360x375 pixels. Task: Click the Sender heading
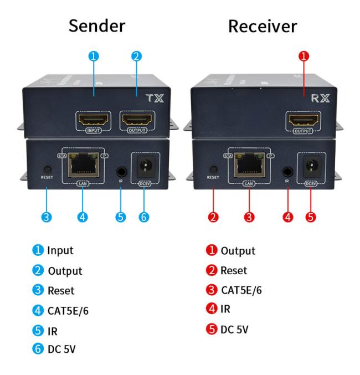tap(97, 26)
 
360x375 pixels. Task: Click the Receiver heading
tap(263, 26)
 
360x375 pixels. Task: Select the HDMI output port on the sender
tap(137, 119)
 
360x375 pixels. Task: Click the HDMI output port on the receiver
tap(302, 120)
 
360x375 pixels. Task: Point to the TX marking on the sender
tap(155, 99)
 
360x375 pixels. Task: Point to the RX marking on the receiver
tap(321, 99)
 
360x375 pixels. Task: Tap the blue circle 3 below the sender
tap(48, 217)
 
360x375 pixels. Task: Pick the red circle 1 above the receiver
tap(303, 56)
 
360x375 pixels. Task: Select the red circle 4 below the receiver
tap(287, 217)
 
